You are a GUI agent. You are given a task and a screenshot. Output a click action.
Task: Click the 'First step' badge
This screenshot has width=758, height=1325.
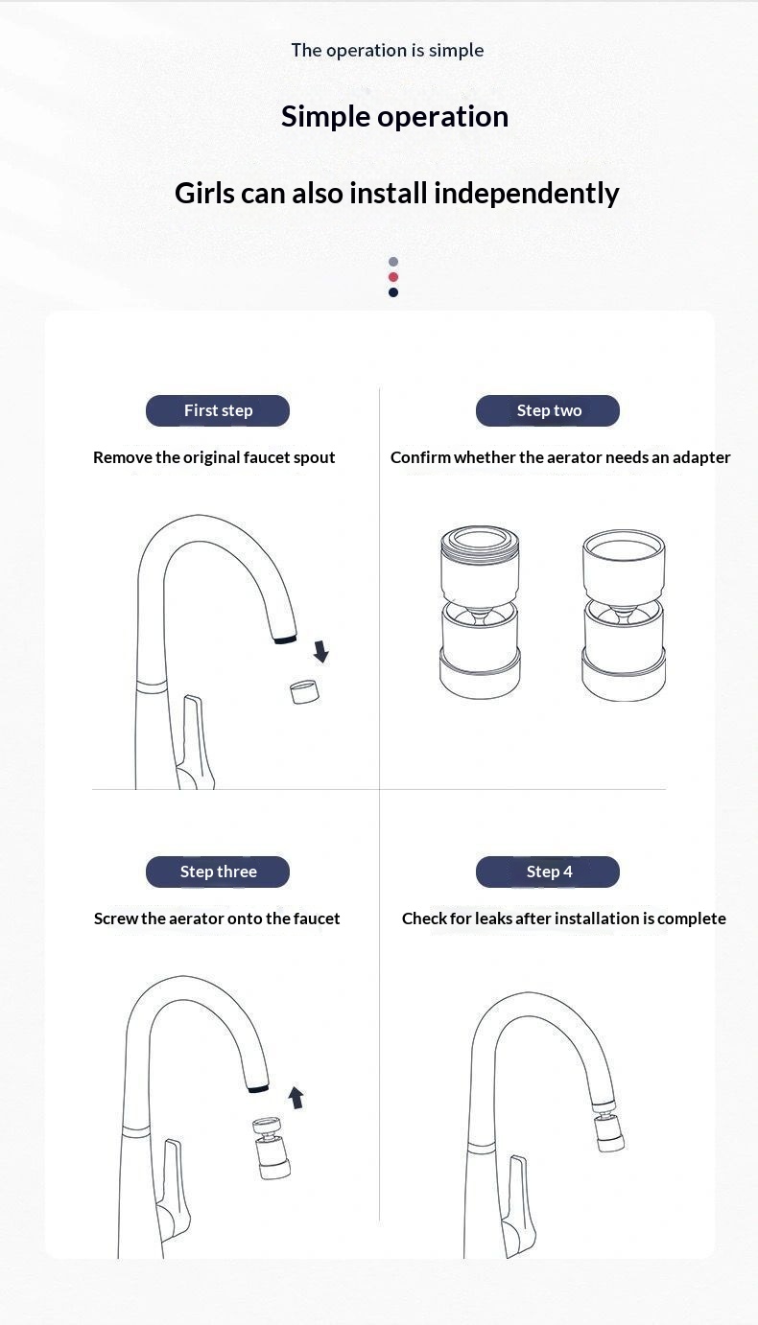coord(218,410)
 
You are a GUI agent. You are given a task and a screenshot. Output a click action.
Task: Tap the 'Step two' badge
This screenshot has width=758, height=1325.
coord(548,410)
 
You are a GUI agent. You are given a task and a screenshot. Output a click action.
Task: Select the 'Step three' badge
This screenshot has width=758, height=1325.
coord(218,872)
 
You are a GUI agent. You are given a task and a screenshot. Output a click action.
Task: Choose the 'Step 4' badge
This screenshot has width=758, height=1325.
coord(548,872)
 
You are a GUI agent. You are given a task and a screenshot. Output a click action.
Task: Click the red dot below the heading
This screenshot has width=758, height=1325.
coord(393,277)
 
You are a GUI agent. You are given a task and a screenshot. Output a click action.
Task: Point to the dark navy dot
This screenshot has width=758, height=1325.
coord(393,292)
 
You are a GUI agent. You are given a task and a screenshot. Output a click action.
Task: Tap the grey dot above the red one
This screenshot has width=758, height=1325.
coord(393,262)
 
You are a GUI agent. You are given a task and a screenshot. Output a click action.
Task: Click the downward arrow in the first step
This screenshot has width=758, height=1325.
coord(321,651)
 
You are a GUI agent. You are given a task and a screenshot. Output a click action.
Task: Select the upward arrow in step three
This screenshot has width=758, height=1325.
coord(296,1097)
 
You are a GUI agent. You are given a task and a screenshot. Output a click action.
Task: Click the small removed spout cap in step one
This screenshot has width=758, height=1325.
coord(305,692)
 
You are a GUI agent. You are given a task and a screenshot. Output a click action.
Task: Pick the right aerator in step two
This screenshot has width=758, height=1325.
coord(624,616)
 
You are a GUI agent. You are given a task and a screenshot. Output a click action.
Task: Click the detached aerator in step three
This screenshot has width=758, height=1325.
coord(272,1149)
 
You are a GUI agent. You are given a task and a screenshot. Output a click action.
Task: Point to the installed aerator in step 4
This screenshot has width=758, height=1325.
coord(609,1129)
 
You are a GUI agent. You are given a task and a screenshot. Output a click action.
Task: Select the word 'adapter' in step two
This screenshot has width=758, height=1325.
coord(701,458)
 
